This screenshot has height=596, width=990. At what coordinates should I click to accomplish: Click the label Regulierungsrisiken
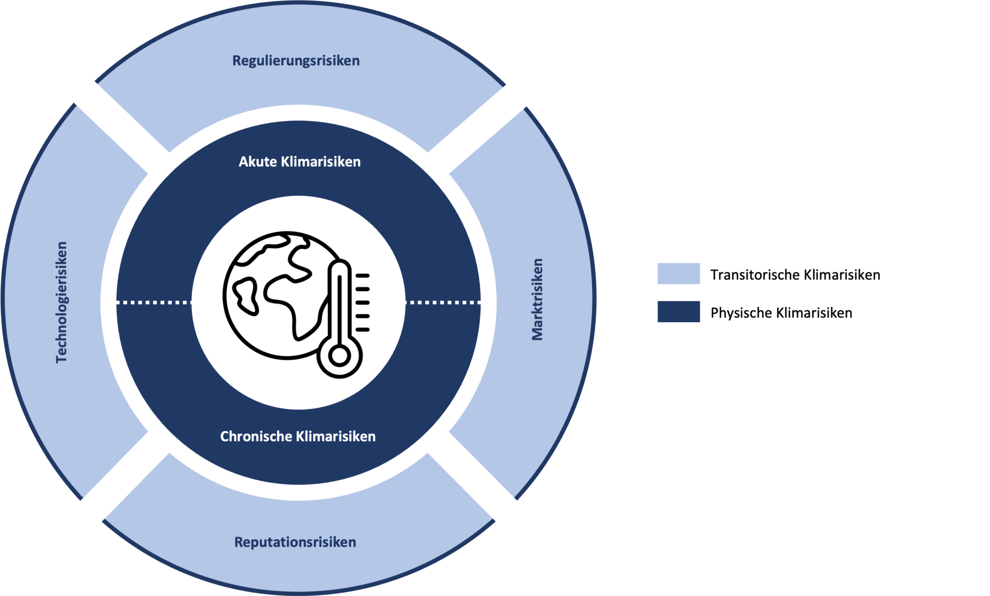[296, 61]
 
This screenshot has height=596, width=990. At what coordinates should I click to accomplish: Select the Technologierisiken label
[61, 302]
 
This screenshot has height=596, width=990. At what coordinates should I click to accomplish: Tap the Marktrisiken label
[537, 299]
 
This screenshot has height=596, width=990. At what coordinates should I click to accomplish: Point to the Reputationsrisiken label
[295, 542]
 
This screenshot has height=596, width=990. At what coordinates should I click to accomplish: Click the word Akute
[258, 162]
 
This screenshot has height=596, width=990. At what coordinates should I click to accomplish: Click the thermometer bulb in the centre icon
[339, 356]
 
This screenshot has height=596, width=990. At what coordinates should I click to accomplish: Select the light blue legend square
[679, 273]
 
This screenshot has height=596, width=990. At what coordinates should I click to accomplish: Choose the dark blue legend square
[679, 312]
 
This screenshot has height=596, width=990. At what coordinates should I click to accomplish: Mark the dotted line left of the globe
[154, 303]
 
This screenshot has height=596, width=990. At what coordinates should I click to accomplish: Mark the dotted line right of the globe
[443, 303]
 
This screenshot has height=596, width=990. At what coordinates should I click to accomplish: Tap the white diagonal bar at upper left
[113, 119]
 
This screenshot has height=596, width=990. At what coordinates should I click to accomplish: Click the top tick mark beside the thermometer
[363, 276]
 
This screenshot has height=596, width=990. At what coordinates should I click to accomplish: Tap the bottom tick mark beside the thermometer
[363, 329]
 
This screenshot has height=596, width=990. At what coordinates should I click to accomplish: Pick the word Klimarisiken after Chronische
[335, 437]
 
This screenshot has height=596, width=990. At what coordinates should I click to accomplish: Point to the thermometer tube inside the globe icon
[339, 304]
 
